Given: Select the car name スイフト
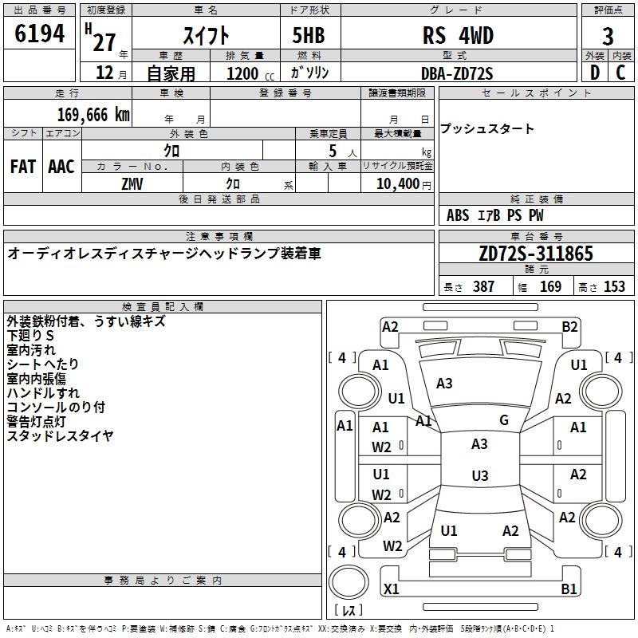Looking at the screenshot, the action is pyautogui.click(x=205, y=36).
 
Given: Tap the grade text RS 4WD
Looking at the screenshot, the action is pyautogui.click(x=458, y=36).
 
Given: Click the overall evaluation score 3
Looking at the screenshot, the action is pyautogui.click(x=608, y=36).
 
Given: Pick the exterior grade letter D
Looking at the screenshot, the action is pyautogui.click(x=594, y=73).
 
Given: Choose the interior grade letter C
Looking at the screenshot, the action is pyautogui.click(x=620, y=73).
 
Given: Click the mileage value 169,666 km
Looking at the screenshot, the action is pyautogui.click(x=93, y=114).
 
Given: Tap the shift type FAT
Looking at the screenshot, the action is pyautogui.click(x=23, y=166).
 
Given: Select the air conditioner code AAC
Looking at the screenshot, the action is pyautogui.click(x=61, y=166).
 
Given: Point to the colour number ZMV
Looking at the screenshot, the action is pyautogui.click(x=132, y=183).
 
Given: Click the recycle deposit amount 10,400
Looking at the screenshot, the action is pyautogui.click(x=396, y=184).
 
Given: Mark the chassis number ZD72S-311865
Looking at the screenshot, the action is pyautogui.click(x=536, y=254).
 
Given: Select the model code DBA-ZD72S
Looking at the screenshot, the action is pyautogui.click(x=458, y=73).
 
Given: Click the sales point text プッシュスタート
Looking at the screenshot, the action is pyautogui.click(x=487, y=129).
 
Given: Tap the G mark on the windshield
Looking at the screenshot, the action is pyautogui.click(x=504, y=420).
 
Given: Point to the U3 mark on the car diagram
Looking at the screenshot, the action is pyautogui.click(x=479, y=476).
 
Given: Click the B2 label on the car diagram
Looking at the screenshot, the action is pyautogui.click(x=569, y=326).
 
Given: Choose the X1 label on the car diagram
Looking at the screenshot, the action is pyautogui.click(x=392, y=589).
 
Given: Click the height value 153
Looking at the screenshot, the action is pyautogui.click(x=614, y=287).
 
